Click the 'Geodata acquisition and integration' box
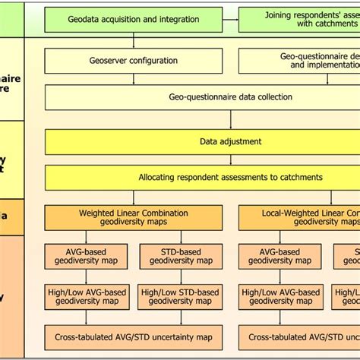tap(133, 19)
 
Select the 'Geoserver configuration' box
tap(133, 60)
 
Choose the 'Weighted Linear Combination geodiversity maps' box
tap(133, 217)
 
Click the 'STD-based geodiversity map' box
tap(182, 256)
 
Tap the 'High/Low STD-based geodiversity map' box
tap(182, 296)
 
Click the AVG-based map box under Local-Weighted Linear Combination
tap(279, 256)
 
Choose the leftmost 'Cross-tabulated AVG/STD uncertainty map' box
tap(133, 336)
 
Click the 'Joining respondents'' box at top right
tap(299, 19)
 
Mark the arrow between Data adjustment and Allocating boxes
tap(231, 159)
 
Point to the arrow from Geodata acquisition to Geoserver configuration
tap(133, 40)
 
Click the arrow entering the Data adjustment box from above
tap(231, 120)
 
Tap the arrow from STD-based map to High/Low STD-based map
tap(182, 276)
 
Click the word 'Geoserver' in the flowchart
tap(109, 60)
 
